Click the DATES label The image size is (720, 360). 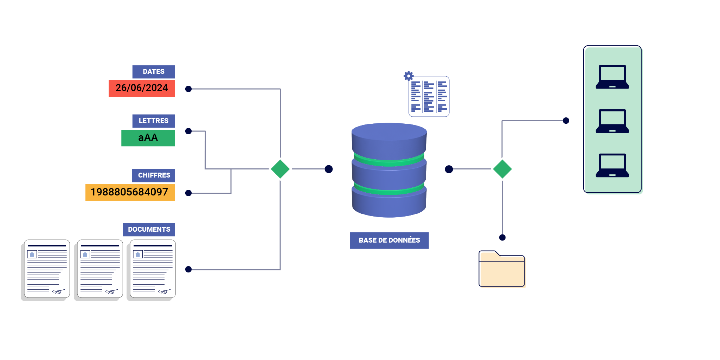[153, 72]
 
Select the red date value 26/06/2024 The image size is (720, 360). [142, 88]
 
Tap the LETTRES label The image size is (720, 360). [153, 121]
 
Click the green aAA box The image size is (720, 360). [148, 138]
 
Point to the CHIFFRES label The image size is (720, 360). [154, 175]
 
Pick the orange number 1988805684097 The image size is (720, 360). [130, 192]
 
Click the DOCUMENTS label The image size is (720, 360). [149, 230]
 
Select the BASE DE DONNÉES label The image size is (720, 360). [389, 240]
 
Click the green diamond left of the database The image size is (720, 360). [280, 169]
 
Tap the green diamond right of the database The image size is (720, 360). [502, 169]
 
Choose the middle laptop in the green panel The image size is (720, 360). [612, 121]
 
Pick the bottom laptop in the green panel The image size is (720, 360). [612, 166]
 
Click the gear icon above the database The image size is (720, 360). [408, 76]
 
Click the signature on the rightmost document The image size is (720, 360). [164, 292]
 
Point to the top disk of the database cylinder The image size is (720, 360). [389, 141]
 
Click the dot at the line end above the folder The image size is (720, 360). [502, 238]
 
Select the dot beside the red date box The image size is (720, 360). [188, 89]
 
